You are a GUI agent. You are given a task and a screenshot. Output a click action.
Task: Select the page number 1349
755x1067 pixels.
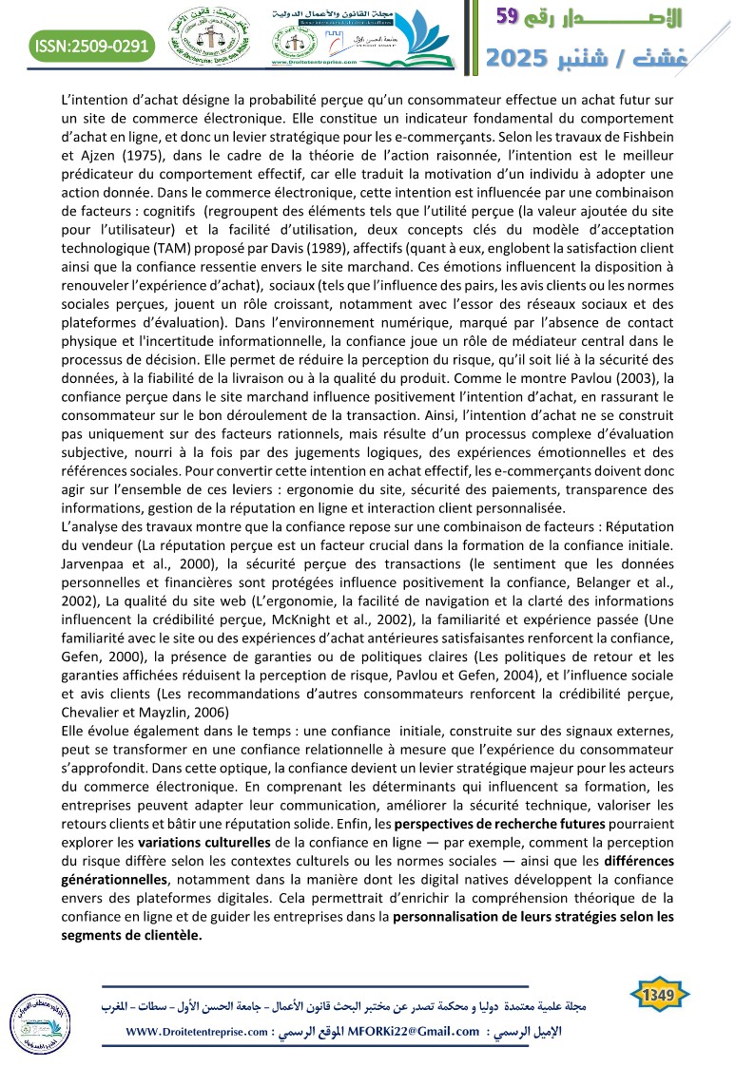(x=658, y=996)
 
